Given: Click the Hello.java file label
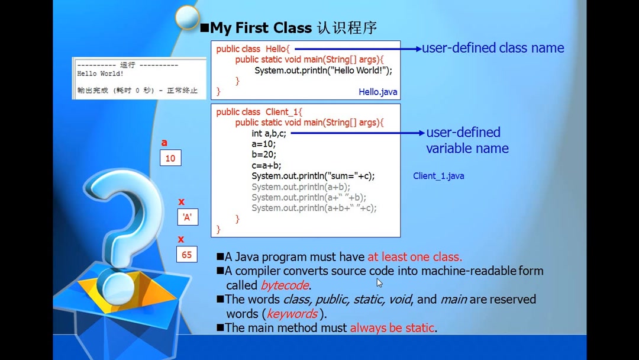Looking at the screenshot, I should click(377, 92).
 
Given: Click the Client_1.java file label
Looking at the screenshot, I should click(438, 176).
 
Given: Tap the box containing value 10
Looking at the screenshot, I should click(170, 158).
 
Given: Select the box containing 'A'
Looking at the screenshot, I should click(187, 217).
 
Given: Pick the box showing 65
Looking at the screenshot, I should click(186, 255).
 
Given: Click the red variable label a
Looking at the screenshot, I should click(164, 143).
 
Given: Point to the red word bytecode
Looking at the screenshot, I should click(285, 285).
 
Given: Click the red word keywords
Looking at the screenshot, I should click(292, 314).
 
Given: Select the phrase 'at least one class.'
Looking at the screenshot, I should click(414, 257).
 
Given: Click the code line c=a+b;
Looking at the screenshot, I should click(266, 165).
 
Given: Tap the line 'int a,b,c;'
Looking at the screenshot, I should click(269, 133).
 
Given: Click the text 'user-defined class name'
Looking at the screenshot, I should click(493, 48).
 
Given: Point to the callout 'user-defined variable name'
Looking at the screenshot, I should click(466, 140).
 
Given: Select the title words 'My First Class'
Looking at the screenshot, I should click(260, 28).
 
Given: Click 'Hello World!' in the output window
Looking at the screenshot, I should click(100, 74).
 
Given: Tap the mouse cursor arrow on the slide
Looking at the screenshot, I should click(379, 283).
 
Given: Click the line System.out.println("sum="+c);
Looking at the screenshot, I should click(313, 176).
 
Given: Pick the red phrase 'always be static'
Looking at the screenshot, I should click(392, 327).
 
